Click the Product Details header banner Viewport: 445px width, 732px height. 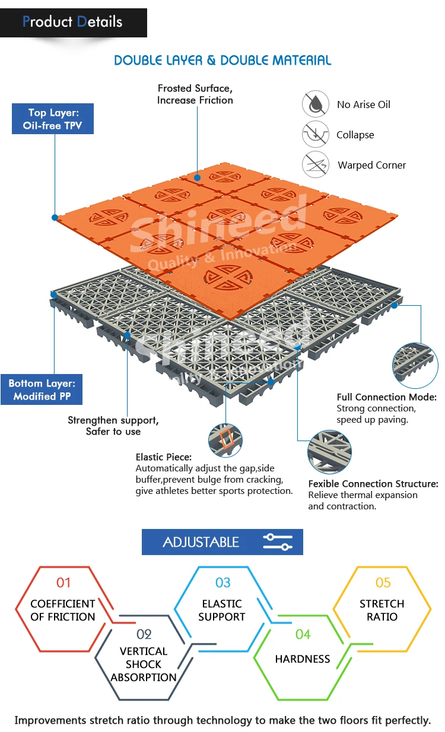click(73, 23)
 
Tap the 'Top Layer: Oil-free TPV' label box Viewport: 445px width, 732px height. click(53, 119)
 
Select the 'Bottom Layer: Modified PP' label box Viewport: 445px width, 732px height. click(42, 390)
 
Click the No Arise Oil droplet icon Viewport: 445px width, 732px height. click(316, 104)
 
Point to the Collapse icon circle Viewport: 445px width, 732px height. click(316, 134)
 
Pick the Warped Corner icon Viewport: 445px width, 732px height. click(316, 164)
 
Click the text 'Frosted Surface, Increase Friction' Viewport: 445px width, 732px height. click(195, 94)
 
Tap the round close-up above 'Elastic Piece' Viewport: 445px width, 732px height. click(225, 439)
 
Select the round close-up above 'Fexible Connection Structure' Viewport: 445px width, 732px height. click(329, 452)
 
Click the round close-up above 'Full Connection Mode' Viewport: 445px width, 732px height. click(415, 363)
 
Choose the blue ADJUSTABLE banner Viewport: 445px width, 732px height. click(222, 542)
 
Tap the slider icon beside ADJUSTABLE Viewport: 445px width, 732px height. click(278, 542)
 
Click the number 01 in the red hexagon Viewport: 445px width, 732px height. click(63, 582)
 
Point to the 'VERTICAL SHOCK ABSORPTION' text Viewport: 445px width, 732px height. click(144, 664)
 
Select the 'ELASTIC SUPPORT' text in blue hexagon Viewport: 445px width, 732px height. click(222, 610)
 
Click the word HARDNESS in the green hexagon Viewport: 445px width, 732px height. click(303, 659)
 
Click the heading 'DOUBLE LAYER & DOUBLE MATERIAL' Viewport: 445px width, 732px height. click(223, 60)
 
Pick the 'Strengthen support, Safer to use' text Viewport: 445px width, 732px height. click(113, 426)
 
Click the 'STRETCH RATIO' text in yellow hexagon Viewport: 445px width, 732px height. click(382, 610)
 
